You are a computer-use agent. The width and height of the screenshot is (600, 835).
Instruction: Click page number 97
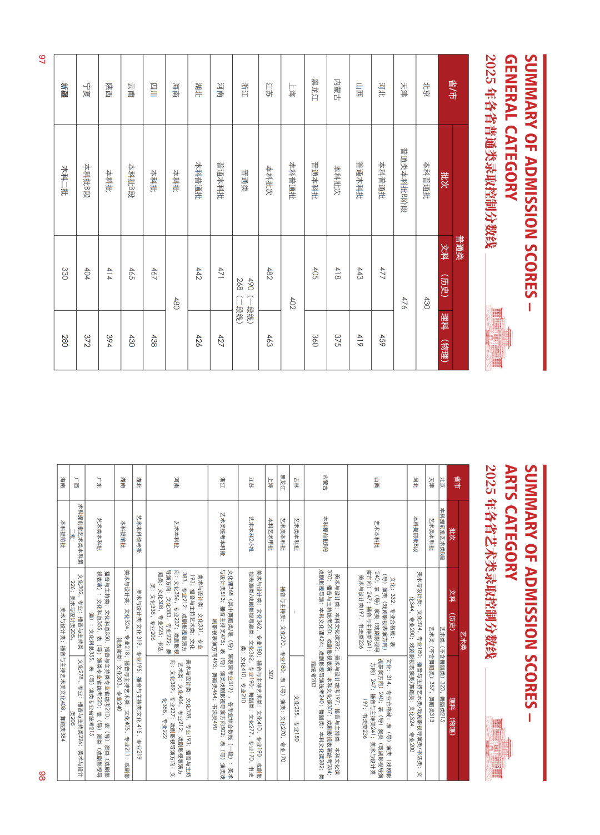pyautogui.click(x=42, y=59)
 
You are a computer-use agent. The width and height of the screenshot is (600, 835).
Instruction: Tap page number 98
pyautogui.click(x=42, y=776)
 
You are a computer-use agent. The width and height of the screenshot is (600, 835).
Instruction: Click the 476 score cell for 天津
pyautogui.click(x=404, y=303)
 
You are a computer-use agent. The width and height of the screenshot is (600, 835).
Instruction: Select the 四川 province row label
pyautogui.click(x=154, y=90)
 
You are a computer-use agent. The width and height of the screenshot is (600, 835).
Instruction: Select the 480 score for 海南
pyautogui.click(x=176, y=303)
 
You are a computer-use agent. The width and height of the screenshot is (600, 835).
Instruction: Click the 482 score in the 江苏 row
pyautogui.click(x=270, y=273)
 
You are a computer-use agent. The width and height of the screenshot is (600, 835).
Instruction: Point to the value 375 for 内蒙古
pyautogui.click(x=337, y=340)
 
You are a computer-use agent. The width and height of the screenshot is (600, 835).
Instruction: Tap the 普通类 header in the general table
pyautogui.click(x=461, y=247)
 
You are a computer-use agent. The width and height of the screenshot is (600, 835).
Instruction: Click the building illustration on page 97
pyautogui.click(x=494, y=337)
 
